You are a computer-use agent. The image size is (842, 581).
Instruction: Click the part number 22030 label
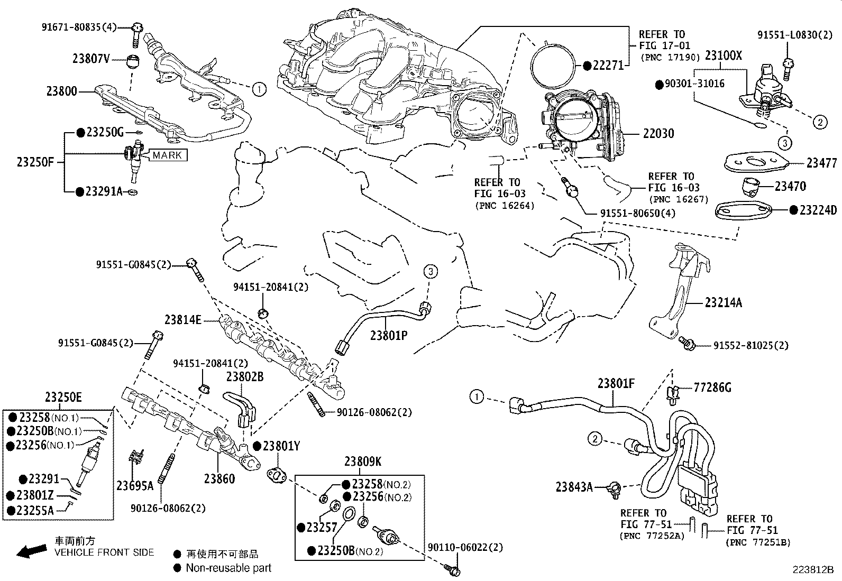(658, 134)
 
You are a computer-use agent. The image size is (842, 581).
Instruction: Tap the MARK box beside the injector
(167, 155)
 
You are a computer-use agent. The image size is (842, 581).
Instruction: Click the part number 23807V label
(91, 59)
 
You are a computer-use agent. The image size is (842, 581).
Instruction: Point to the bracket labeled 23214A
(723, 303)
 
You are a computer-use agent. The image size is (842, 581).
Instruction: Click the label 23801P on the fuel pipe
(388, 335)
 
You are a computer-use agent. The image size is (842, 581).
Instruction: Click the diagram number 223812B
(812, 570)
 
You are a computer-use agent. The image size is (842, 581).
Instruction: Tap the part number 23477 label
(821, 163)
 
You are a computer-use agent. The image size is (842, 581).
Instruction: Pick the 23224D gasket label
(818, 210)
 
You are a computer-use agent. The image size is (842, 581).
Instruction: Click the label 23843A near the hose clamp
(574, 487)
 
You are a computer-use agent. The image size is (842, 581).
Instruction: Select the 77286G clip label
(712, 388)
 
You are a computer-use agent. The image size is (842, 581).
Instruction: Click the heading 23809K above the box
(362, 462)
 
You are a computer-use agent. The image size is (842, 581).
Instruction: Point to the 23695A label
(135, 485)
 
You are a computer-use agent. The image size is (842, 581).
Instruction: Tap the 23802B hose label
(245, 377)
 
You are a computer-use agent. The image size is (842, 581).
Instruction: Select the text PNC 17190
(670, 57)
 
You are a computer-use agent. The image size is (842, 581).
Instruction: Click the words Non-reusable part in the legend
(228, 568)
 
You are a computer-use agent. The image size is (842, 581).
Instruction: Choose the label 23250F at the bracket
(35, 162)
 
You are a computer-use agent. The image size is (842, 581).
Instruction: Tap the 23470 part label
(790, 187)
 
